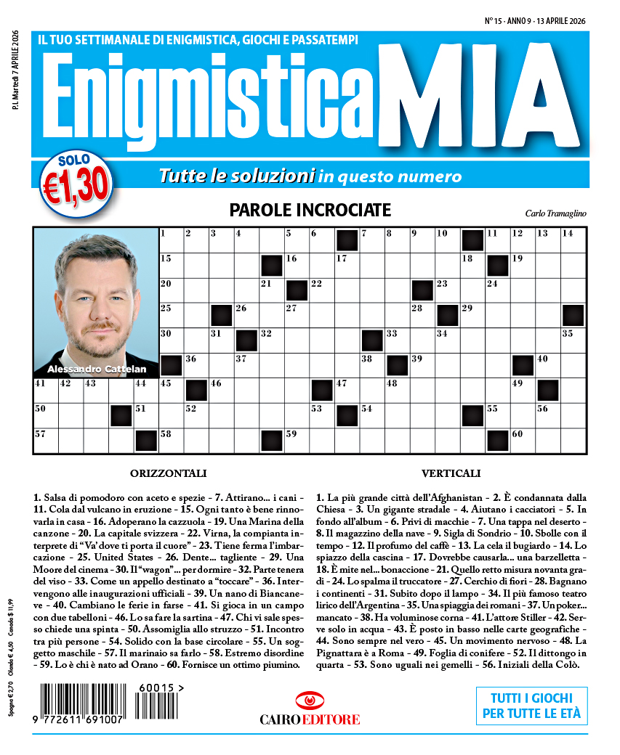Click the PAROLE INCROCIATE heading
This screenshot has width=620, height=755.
pyautogui.click(x=310, y=211)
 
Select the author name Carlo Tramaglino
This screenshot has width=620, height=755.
pyautogui.click(x=555, y=213)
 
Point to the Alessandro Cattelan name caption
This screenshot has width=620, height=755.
pyautogui.click(x=96, y=370)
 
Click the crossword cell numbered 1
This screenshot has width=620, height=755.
pyautogui.click(x=171, y=240)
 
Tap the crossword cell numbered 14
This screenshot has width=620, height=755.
pyautogui.click(x=573, y=240)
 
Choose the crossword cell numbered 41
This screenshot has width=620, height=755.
pyautogui.click(x=46, y=390)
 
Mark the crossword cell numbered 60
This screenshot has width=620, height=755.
pyautogui.click(x=523, y=440)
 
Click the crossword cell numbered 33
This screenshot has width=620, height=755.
pyautogui.click(x=397, y=340)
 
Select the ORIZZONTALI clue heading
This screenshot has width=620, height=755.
pyautogui.click(x=168, y=473)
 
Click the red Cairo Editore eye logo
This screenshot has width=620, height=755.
pyautogui.click(x=310, y=701)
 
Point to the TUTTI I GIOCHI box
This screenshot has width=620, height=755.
pyautogui.click(x=532, y=705)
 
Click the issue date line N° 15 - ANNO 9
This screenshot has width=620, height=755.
pyautogui.click(x=535, y=22)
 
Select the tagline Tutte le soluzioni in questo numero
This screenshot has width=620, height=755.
pyautogui.click(x=310, y=176)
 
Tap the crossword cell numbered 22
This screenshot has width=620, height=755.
pyautogui.click(x=322, y=290)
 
